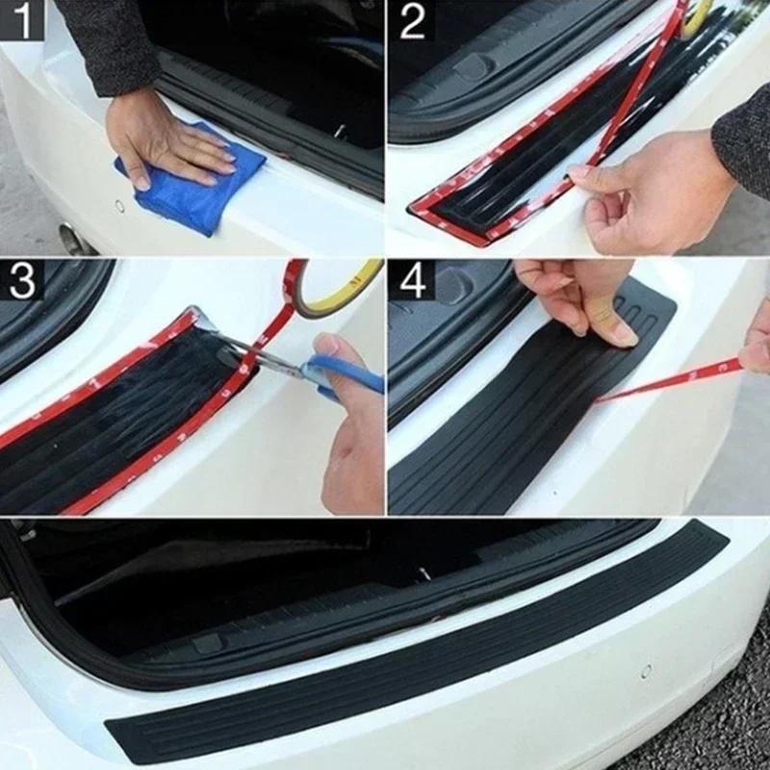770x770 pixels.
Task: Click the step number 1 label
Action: click(21, 20)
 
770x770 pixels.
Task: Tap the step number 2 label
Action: click(412, 20)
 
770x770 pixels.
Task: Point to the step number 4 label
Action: click(412, 280)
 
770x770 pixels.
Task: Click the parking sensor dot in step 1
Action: click(120, 205)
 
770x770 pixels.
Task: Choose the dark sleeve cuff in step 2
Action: click(746, 135)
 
